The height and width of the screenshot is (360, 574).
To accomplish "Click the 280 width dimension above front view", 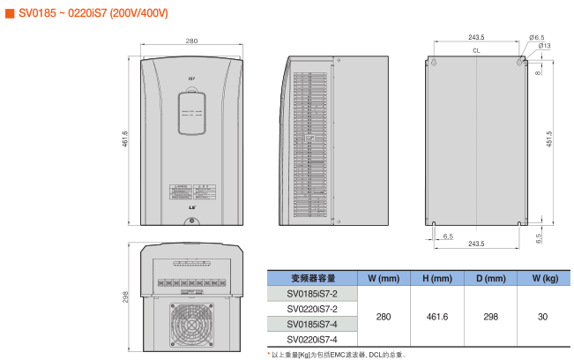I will (x=191, y=41).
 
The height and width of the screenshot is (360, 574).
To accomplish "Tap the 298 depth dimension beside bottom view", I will (x=125, y=297).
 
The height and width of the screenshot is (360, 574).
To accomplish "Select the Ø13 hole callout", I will (x=544, y=46).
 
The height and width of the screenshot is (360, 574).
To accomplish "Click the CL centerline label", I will (x=476, y=52).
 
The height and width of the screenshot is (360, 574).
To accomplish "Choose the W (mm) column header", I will (x=384, y=279).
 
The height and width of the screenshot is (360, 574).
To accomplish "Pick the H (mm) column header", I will (x=437, y=279).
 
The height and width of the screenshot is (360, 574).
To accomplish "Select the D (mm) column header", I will (x=490, y=279).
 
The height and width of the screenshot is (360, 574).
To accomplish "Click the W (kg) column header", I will (x=544, y=279).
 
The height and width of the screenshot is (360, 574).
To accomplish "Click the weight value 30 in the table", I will (x=543, y=316).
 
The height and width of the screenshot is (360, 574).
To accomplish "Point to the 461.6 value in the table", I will (x=437, y=316).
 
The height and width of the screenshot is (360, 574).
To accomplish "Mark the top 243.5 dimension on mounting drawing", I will (x=476, y=38).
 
